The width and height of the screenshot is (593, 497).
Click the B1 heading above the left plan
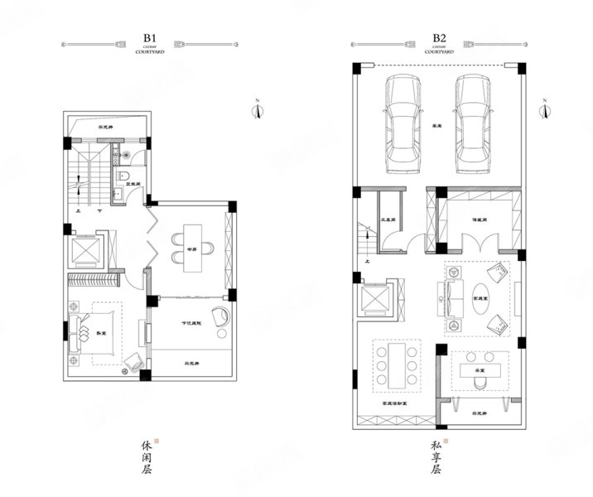point(150,37)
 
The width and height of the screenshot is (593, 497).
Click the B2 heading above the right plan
point(440,37)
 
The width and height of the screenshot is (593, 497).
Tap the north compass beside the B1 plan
point(258,109)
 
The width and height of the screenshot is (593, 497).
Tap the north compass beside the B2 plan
point(546,109)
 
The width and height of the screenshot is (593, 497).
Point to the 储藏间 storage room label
point(478,220)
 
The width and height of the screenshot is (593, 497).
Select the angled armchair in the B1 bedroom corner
point(133,361)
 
